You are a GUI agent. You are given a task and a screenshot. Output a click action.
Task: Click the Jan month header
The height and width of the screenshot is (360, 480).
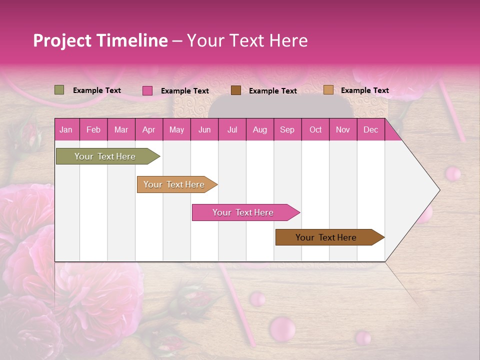(66, 130)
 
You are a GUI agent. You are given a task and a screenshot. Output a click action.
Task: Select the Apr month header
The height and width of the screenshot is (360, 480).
(149, 130)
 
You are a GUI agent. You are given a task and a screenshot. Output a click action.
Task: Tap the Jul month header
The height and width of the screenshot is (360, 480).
(232, 130)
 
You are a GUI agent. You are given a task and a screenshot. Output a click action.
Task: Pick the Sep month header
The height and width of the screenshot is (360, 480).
(287, 130)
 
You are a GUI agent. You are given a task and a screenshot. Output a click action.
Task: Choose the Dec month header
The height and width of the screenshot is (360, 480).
(370, 130)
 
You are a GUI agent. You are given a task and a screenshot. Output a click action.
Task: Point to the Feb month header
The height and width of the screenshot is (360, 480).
(93, 130)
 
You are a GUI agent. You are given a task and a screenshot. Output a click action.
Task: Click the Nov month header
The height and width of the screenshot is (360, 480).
(343, 130)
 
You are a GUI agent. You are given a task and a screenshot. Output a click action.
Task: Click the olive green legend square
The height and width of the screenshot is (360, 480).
(59, 90)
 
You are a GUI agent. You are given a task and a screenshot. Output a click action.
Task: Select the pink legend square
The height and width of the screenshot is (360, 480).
(147, 90)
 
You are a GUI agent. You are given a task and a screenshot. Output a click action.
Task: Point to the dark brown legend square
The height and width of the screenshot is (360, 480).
(236, 90)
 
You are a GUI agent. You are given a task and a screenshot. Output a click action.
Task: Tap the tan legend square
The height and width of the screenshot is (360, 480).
(328, 90)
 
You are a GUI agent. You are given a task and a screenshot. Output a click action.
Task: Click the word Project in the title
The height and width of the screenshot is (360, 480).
(61, 40)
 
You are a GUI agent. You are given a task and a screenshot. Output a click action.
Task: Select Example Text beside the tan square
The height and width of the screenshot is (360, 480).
(364, 90)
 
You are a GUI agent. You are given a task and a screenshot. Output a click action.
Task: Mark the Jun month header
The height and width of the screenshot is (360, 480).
(204, 130)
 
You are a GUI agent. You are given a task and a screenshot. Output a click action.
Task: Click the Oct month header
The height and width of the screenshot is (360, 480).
(315, 130)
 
